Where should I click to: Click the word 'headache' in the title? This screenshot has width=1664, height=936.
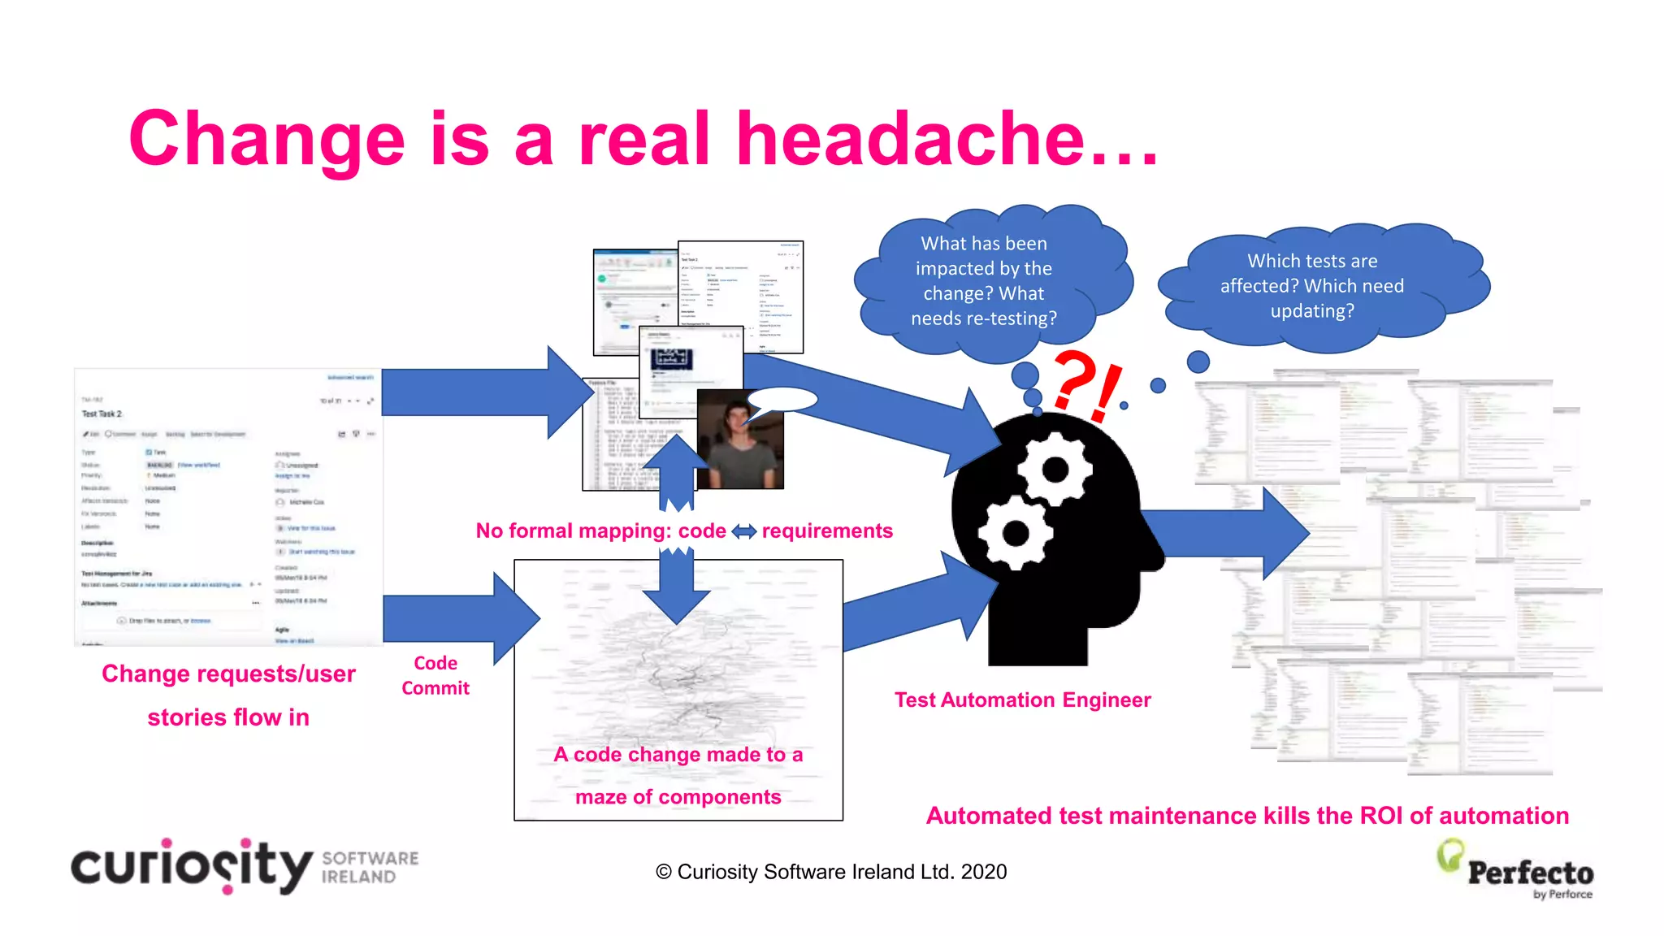click(x=910, y=140)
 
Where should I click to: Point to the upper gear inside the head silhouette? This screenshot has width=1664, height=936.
click(x=1055, y=469)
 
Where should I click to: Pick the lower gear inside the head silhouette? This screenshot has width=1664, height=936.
click(x=1016, y=533)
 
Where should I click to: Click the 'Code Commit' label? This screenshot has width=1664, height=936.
click(x=435, y=675)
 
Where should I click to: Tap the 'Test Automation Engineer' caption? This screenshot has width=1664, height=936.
click(x=1022, y=700)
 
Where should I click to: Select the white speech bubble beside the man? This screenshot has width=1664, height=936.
click(x=782, y=399)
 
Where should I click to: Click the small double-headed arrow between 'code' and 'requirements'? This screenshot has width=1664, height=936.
click(x=743, y=531)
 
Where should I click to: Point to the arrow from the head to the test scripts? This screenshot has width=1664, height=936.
click(x=1227, y=533)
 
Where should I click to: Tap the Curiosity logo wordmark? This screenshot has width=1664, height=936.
click(x=192, y=866)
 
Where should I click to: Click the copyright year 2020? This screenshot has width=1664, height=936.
click(x=983, y=872)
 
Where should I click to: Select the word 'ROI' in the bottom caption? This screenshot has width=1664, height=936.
click(x=1381, y=816)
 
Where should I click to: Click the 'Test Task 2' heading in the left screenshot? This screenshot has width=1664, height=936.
click(x=102, y=414)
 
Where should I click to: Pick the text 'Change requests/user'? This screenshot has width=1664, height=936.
click(x=228, y=674)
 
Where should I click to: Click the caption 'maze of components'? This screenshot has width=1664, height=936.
click(x=678, y=797)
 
